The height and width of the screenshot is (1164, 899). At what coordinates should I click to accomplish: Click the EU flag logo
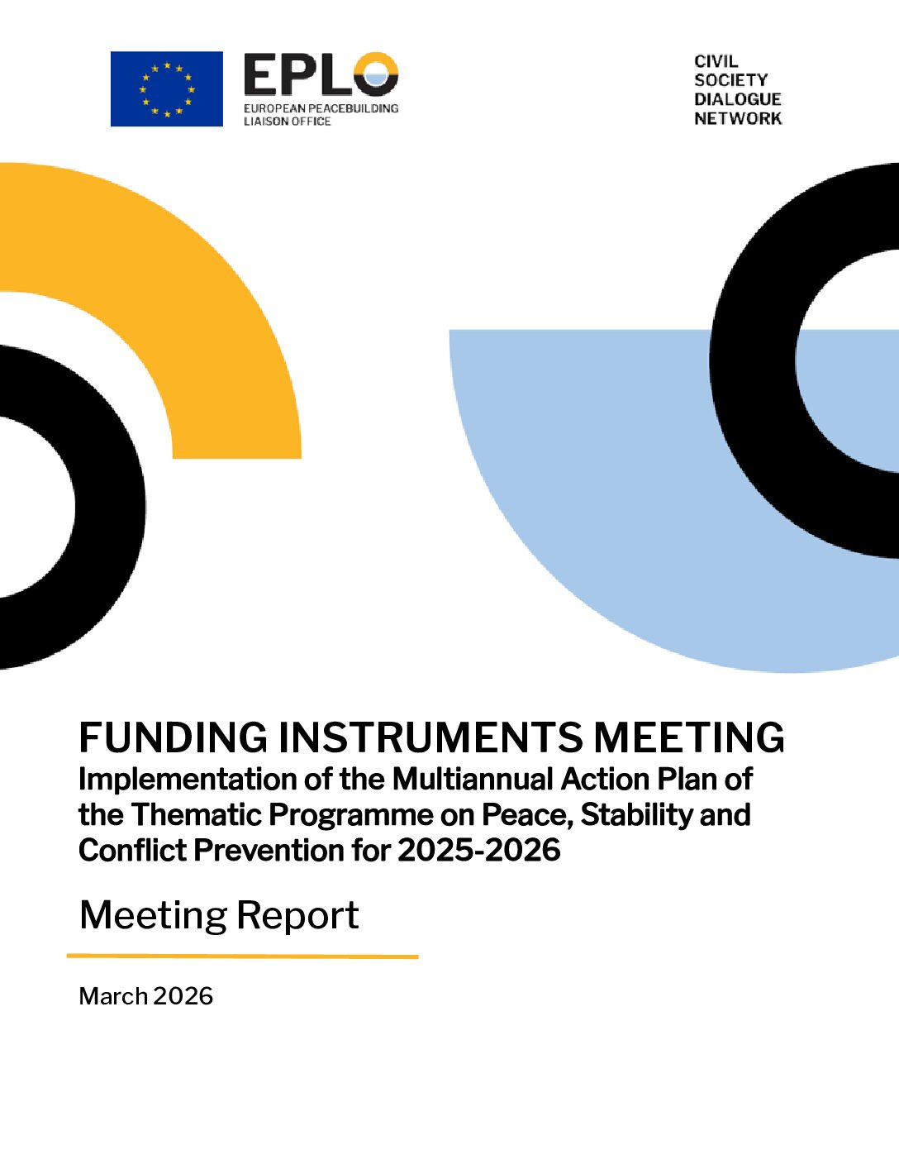click(x=167, y=89)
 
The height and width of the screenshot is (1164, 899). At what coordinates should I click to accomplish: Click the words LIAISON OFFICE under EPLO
click(x=287, y=122)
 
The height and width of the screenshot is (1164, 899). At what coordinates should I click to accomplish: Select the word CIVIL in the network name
click(x=716, y=61)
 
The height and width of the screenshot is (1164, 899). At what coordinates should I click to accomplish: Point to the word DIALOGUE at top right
click(x=737, y=99)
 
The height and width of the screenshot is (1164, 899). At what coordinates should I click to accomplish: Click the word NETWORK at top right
click(x=738, y=118)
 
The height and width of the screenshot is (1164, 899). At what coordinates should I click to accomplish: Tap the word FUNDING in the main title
click(x=173, y=737)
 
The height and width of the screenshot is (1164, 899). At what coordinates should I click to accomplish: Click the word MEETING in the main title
click(x=688, y=737)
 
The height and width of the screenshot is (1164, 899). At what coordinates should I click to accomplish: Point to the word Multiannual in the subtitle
click(x=473, y=780)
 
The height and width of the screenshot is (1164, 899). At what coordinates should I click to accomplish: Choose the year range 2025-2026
click(x=479, y=850)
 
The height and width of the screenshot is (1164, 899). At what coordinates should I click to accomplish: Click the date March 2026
click(x=145, y=996)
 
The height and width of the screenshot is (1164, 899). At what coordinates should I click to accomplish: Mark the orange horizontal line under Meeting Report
click(x=243, y=956)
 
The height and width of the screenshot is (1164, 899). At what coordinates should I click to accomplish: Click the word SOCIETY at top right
click(x=731, y=80)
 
